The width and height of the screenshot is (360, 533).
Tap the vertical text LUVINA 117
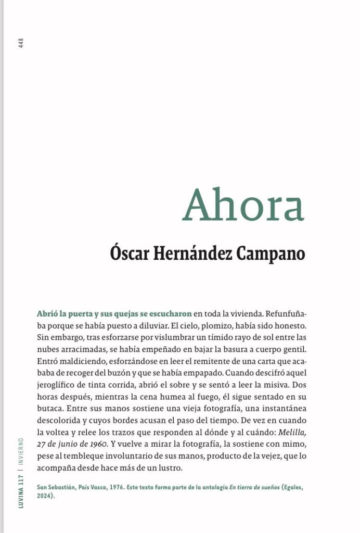[21, 491]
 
